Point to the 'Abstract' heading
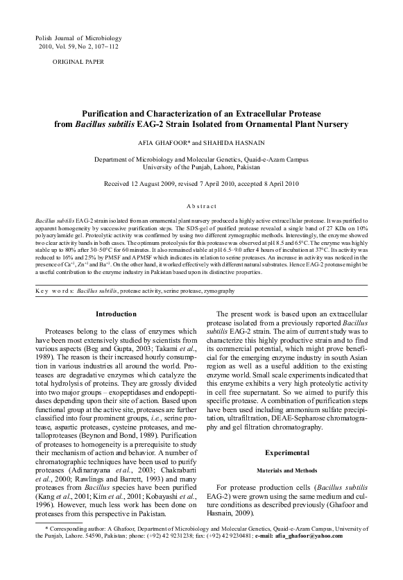point(201,207)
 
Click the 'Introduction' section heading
point(116,314)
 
